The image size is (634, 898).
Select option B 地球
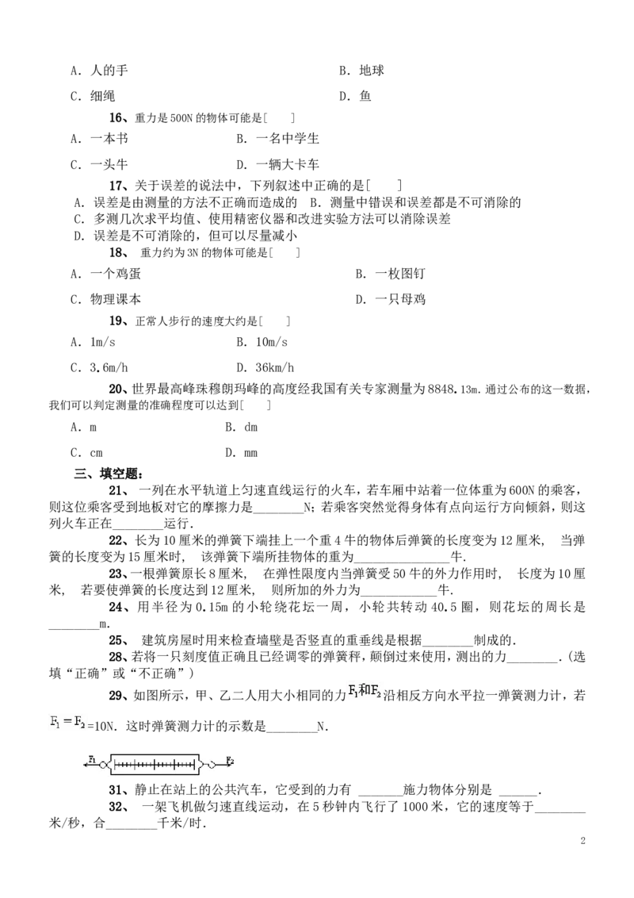(x=361, y=71)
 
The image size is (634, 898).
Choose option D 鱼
(x=355, y=96)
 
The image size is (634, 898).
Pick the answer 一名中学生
(x=277, y=139)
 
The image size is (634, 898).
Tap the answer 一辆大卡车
(x=277, y=164)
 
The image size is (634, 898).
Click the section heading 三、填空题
(x=108, y=474)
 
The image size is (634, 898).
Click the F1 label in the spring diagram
(x=92, y=759)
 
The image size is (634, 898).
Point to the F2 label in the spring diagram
(x=230, y=761)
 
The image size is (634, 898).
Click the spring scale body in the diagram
(x=154, y=764)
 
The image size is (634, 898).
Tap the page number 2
(x=583, y=841)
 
